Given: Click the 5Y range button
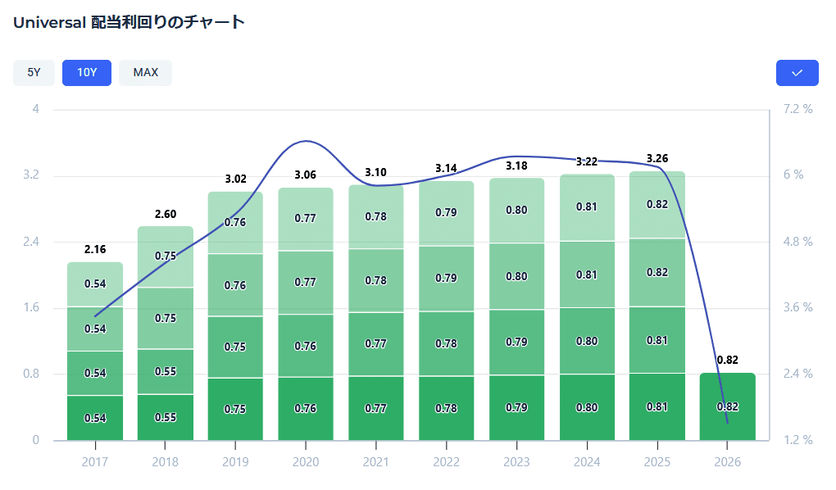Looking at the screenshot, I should (x=34, y=73).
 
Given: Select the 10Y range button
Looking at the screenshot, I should (x=87, y=73).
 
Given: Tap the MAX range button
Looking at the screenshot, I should (x=145, y=73).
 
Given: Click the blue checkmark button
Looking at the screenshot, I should (x=797, y=73).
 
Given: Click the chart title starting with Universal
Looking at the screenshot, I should (x=129, y=22).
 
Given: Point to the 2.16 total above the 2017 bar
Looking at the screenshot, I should (x=95, y=249).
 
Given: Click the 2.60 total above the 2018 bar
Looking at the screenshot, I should (x=166, y=214).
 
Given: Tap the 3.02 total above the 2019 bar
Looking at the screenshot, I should (x=236, y=179).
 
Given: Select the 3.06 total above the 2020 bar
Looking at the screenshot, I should (x=306, y=175).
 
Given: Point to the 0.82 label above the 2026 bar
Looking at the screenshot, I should (x=727, y=360).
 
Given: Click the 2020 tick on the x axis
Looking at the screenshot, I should (x=306, y=462).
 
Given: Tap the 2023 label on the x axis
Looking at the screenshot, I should (x=516, y=462).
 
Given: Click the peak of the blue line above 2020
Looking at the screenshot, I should (x=306, y=141).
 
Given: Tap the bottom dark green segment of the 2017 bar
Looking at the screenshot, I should (x=95, y=418).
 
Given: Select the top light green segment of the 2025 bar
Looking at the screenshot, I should (x=657, y=205).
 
